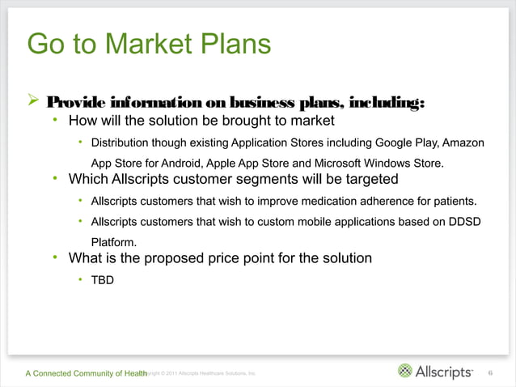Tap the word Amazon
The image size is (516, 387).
click(x=462, y=143)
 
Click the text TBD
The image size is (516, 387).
click(x=102, y=281)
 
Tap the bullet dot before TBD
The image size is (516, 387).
click(x=81, y=280)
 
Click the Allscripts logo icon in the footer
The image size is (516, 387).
click(x=405, y=372)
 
